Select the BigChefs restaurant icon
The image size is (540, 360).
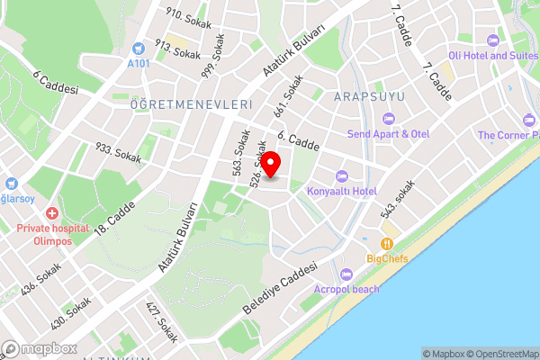tap(387, 243)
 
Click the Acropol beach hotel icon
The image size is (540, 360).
tap(347, 274)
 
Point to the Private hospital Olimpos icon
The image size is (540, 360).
tap(51, 214)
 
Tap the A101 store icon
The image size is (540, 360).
tap(138, 49)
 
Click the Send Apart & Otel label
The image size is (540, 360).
tap(389, 134)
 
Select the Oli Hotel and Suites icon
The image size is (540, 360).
tap(491, 40)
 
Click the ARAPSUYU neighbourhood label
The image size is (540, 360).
tap(369, 95)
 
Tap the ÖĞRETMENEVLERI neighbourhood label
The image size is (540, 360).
tap(190, 104)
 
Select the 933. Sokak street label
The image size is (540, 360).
tap(117, 152)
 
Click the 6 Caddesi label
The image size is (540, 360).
tap(56, 83)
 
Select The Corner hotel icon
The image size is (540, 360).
tap(527, 119)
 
